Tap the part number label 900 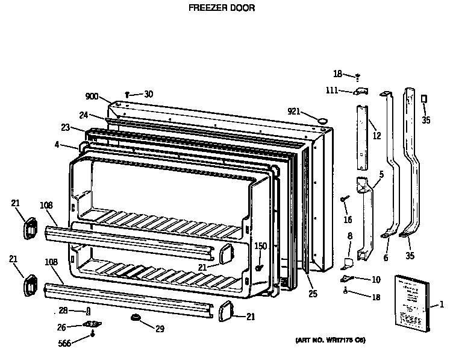[x=92, y=96]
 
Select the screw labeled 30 [x=128, y=94]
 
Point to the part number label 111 [x=332, y=90]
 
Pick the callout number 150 [x=260, y=245]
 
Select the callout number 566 [x=64, y=343]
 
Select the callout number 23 [x=64, y=127]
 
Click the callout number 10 [x=376, y=279]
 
